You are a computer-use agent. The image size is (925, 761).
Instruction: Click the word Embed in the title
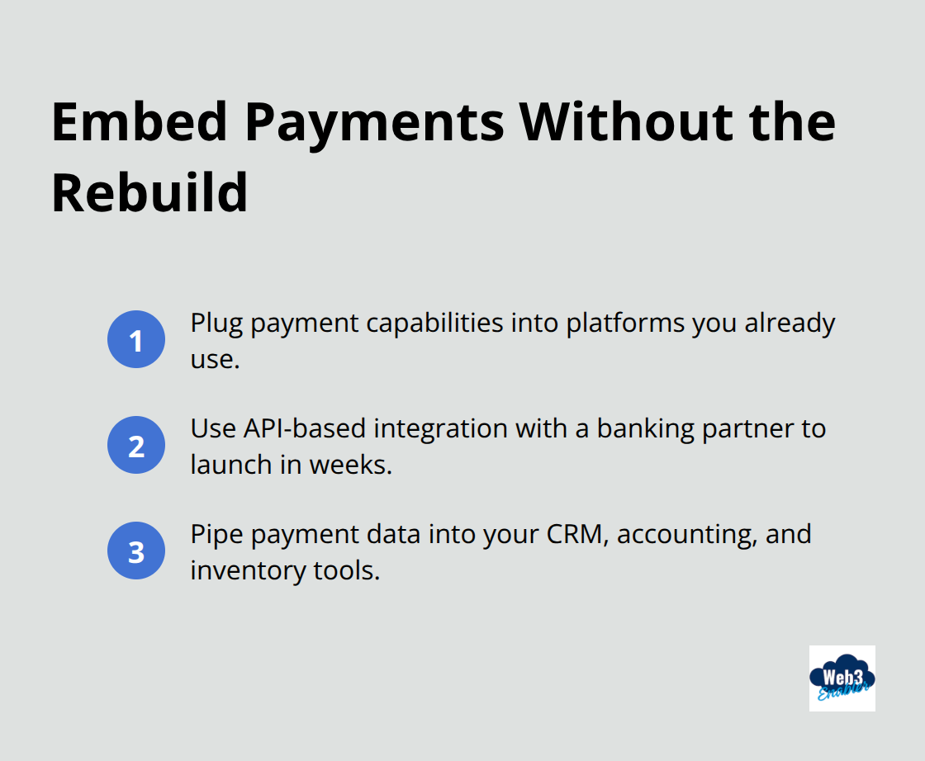click(139, 122)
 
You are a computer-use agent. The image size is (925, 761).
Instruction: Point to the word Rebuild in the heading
click(149, 193)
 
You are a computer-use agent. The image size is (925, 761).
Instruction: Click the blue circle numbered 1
click(136, 339)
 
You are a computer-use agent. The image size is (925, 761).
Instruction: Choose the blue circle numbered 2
click(136, 445)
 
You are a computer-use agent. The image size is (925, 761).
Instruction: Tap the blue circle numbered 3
click(136, 551)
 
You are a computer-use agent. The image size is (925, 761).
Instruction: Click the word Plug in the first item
click(216, 323)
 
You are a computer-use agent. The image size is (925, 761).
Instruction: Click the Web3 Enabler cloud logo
click(842, 678)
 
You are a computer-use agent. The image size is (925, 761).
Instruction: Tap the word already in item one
click(790, 323)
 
